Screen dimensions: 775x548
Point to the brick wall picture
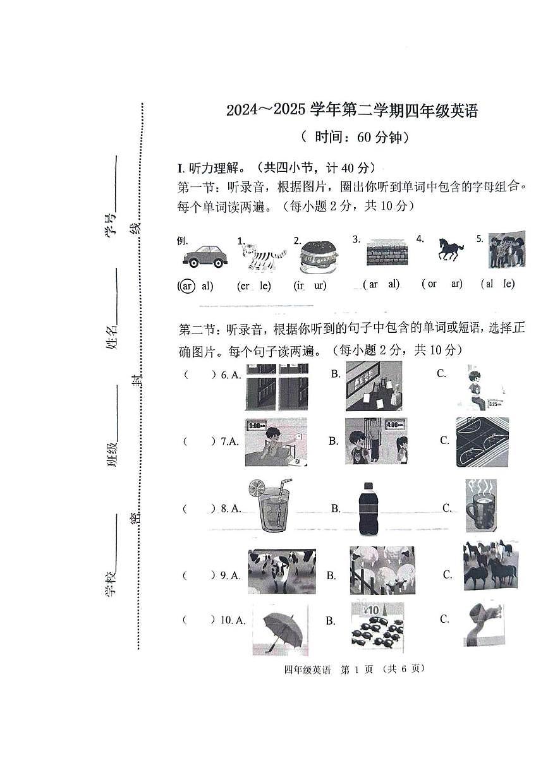pos(387,253)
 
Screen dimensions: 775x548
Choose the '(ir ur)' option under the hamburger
pos(310,285)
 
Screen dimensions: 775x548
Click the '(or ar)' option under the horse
pos(442,284)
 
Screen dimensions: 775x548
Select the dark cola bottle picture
pos(368,509)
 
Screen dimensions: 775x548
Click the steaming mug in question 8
pos(481,505)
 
